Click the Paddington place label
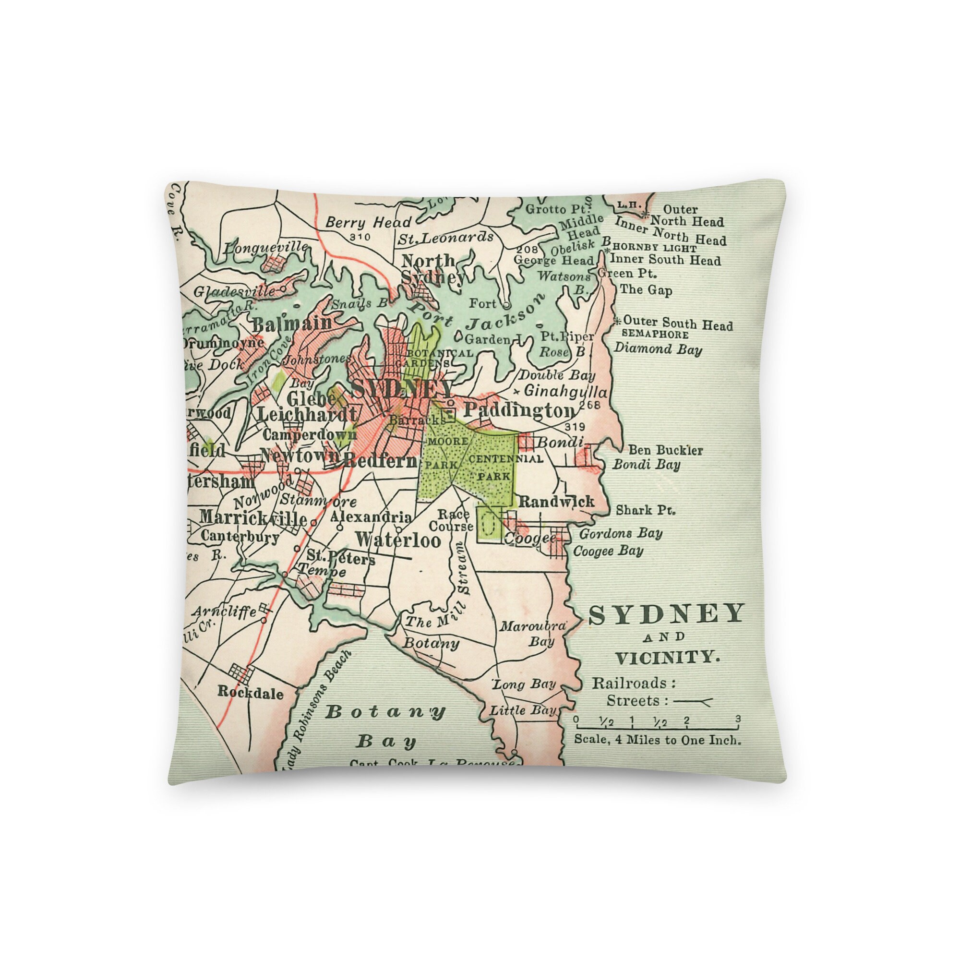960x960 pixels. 519,411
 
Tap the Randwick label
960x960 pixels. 556,502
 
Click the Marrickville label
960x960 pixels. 253,518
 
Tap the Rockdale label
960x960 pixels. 251,694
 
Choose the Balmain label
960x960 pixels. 292,324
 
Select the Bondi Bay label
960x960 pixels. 646,465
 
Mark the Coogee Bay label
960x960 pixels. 608,551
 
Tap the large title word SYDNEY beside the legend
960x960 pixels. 666,615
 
